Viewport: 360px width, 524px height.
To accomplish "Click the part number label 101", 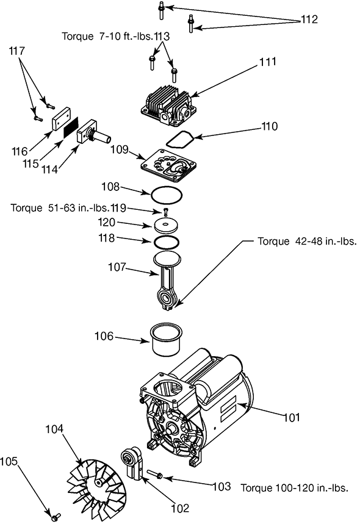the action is pos(292,417).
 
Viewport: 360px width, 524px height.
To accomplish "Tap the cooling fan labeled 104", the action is pos(96,483).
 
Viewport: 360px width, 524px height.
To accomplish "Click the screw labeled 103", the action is pos(154,473).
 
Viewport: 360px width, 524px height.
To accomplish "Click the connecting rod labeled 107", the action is pos(167,281).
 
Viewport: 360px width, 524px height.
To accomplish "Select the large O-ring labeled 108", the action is pos(167,195).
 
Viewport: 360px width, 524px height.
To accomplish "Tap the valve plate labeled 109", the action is pos(168,165).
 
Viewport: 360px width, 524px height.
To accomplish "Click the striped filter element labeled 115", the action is pos(71,127).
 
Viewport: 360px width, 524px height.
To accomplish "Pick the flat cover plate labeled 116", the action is pos(61,119).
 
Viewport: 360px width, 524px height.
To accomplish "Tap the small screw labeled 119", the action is pos(165,212).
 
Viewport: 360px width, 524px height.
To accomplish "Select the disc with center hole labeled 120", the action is pos(166,226).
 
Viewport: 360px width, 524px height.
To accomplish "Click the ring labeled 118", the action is pos(166,242).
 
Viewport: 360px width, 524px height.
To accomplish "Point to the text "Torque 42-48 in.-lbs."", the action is pos(307,241).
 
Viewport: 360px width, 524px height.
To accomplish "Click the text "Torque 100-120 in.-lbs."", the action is pos(295,487).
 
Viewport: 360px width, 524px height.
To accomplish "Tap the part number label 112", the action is pos(309,20).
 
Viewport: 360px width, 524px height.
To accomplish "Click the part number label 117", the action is pos(16,51).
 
